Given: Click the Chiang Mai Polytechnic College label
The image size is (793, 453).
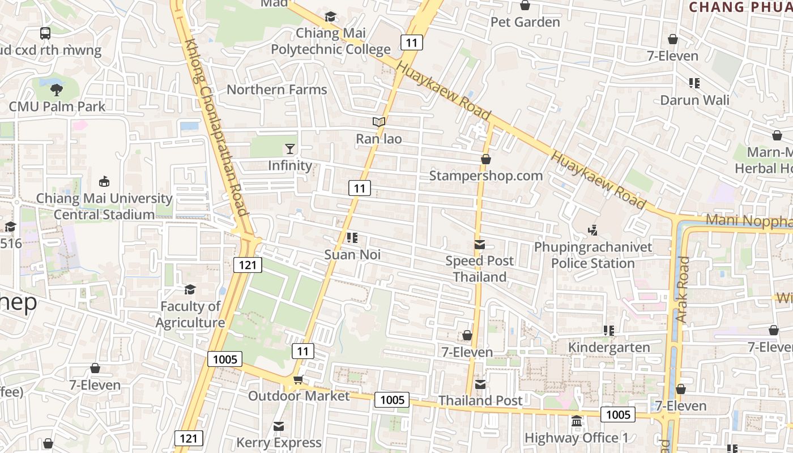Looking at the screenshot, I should pyautogui.click(x=331, y=41).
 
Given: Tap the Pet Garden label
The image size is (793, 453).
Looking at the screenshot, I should pyautogui.click(x=525, y=22).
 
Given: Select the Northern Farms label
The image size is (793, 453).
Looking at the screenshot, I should pyautogui.click(x=277, y=89).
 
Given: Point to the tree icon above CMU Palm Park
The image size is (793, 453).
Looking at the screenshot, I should pyautogui.click(x=57, y=89).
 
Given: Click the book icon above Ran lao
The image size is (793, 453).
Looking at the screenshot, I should pyautogui.click(x=379, y=122).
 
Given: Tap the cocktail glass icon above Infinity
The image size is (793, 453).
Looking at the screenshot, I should pyautogui.click(x=290, y=149).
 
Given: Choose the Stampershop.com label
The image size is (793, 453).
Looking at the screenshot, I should pyautogui.click(x=486, y=176).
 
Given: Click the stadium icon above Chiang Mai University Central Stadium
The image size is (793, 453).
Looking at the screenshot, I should pyautogui.click(x=104, y=182).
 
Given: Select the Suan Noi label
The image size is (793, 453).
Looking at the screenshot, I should pyautogui.click(x=352, y=255).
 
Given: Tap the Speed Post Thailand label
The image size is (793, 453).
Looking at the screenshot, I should pyautogui.click(x=480, y=269).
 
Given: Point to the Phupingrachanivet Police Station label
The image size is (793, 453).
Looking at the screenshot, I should pyautogui.click(x=593, y=255).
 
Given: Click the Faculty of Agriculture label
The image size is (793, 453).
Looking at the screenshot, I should pyautogui.click(x=190, y=314).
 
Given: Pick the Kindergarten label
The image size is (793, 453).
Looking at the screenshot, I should pyautogui.click(x=609, y=347).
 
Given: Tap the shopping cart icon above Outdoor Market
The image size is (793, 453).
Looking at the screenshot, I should pyautogui.click(x=299, y=379).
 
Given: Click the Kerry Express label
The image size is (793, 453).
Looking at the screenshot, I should pyautogui.click(x=279, y=442).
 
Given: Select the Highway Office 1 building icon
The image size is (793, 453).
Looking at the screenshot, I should pyautogui.click(x=577, y=421).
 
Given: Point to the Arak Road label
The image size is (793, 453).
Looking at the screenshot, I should pyautogui.click(x=683, y=289).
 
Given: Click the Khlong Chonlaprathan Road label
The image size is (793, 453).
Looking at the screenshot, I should pyautogui.click(x=217, y=127).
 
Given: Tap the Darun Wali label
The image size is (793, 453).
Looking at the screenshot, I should pyautogui.click(x=695, y=100).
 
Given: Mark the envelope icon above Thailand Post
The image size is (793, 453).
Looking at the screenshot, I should pyautogui.click(x=480, y=384).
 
